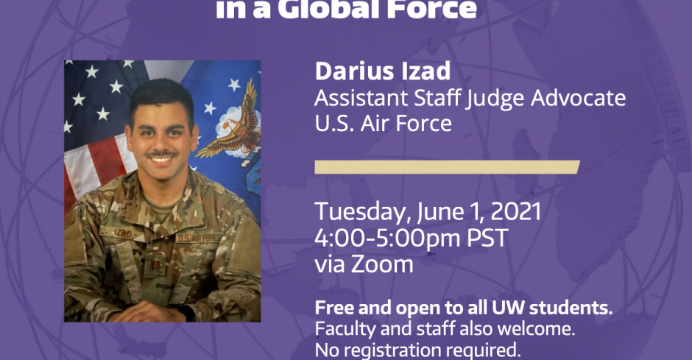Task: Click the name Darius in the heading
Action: click(352, 71)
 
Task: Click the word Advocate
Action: click(578, 97)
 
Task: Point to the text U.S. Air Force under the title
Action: click(383, 123)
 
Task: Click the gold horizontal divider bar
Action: click(447, 167)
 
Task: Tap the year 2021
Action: click(515, 211)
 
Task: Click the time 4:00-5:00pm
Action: click(387, 238)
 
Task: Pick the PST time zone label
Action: click(487, 238)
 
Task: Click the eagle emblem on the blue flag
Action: click(230, 124)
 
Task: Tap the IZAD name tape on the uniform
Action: click(122, 233)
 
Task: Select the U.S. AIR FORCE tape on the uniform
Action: click(198, 238)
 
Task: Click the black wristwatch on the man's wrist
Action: click(187, 312)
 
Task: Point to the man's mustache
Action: click(161, 155)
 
